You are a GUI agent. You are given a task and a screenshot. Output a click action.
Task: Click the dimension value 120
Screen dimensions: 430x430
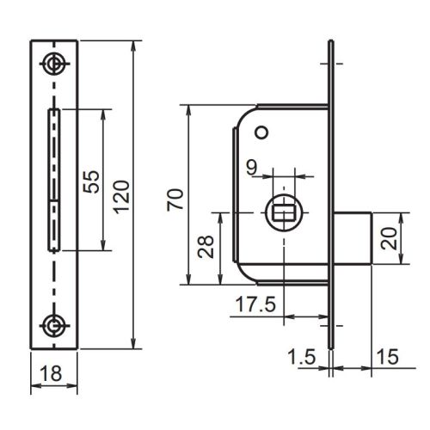pyautogui.click(x=121, y=197)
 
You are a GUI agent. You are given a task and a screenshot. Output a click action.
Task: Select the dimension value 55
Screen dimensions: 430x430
pyautogui.click(x=92, y=180)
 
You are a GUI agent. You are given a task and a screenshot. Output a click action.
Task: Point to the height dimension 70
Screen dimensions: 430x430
pyautogui.click(x=174, y=201)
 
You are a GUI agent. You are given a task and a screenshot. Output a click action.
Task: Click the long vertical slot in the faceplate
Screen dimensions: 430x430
pyautogui.click(x=55, y=179)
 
